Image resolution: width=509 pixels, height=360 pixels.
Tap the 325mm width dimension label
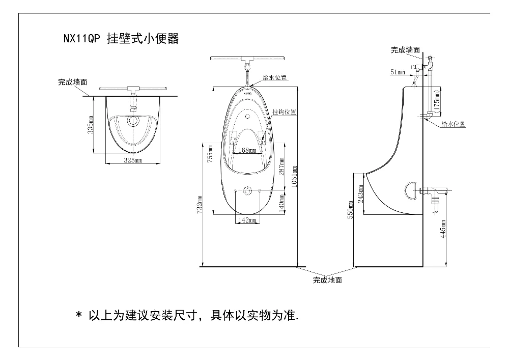pyautogui.click(x=133, y=161)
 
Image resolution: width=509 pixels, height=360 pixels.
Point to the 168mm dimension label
pyautogui.click(x=247, y=150)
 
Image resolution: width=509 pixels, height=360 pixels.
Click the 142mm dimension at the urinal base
pyautogui.click(x=247, y=220)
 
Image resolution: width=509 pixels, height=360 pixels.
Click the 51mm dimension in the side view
pyautogui.click(x=397, y=72)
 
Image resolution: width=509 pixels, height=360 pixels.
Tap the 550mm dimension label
pyautogui.click(x=350, y=210)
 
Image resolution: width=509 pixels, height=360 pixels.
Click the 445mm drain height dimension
pyautogui.click(x=443, y=229)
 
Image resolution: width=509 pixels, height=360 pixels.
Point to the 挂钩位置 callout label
pyautogui.click(x=285, y=112)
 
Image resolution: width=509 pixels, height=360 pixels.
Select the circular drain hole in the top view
pyautogui.click(x=134, y=121)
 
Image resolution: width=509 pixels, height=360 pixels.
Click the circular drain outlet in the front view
pyautogui.click(x=247, y=191)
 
